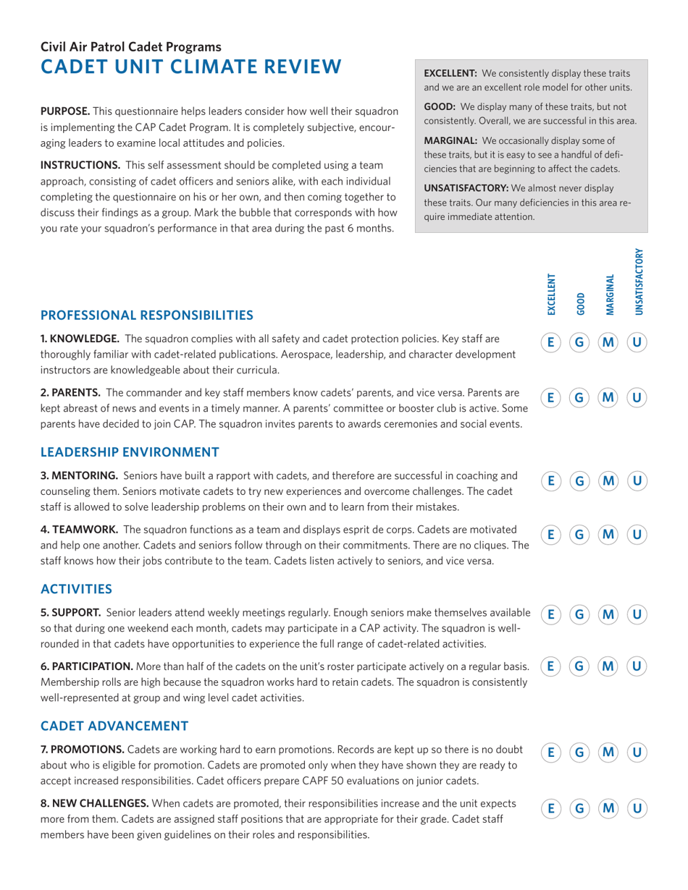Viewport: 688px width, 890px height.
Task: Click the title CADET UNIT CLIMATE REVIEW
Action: click(190, 67)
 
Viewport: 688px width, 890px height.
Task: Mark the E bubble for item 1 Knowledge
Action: click(550, 342)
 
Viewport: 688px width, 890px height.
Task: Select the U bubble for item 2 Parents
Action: click(637, 397)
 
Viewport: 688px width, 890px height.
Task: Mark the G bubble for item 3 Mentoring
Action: click(579, 480)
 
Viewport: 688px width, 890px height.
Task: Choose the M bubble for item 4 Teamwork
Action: click(608, 535)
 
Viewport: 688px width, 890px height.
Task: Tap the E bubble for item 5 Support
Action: click(550, 615)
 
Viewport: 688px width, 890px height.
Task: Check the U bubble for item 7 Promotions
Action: click(637, 753)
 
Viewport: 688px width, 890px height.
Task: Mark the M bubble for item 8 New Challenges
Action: click(608, 807)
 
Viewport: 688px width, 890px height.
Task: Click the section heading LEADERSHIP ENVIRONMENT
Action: click(130, 452)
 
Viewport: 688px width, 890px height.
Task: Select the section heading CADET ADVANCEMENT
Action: click(114, 725)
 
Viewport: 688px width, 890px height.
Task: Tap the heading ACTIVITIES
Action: click(76, 588)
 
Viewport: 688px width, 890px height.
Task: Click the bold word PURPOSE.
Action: click(65, 111)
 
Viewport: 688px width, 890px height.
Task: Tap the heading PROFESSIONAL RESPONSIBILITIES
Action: click(146, 315)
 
